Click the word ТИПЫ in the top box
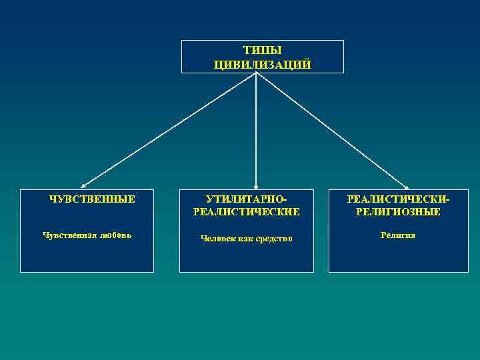click(262, 51)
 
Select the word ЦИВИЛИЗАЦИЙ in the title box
click(262, 64)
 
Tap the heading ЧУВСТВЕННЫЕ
click(93, 199)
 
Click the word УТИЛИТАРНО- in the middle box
click(246, 199)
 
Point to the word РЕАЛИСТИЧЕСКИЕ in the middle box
click(246, 212)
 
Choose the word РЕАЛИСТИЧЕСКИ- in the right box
click(398, 199)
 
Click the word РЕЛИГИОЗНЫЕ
click(398, 212)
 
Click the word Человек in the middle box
click(217, 239)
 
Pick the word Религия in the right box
click(398, 235)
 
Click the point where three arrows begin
click(256, 73)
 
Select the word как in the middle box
click(245, 239)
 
